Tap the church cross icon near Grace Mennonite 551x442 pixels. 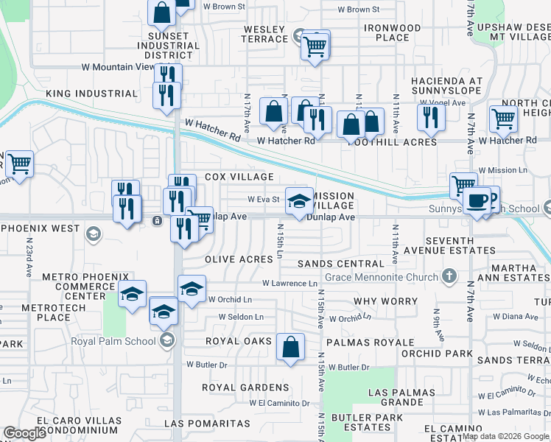point(449,276)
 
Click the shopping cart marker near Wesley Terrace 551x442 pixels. point(315,46)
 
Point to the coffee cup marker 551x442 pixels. point(477,200)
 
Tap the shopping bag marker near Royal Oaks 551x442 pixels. point(291,346)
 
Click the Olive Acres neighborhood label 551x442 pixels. point(239,260)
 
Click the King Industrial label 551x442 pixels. point(91,94)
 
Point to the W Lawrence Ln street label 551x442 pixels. point(289,283)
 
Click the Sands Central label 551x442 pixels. point(340,263)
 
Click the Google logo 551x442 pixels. point(24,432)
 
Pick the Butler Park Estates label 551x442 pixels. point(361,422)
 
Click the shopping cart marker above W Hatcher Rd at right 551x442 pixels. point(504,118)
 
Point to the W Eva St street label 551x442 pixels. point(263,199)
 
